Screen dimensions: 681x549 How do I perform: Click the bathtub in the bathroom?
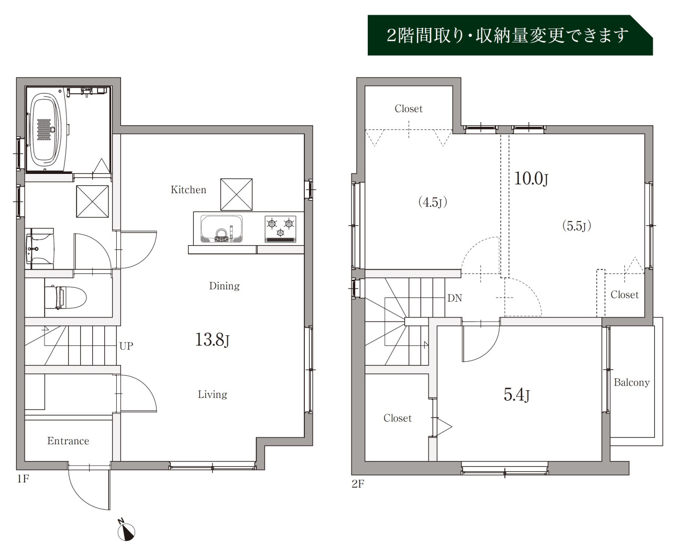click(x=46, y=130)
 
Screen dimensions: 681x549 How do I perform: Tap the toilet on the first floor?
click(x=65, y=298)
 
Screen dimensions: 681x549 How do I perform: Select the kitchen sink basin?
click(x=222, y=229)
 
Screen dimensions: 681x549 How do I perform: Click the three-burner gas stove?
click(x=280, y=229)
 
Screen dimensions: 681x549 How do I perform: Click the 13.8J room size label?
click(x=212, y=339)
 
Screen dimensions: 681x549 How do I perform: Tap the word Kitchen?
click(x=188, y=190)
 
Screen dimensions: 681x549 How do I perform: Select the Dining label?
click(x=224, y=286)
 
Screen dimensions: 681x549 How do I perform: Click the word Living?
click(x=212, y=394)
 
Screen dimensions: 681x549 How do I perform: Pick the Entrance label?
click(x=68, y=441)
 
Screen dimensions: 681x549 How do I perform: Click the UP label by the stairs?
click(x=126, y=346)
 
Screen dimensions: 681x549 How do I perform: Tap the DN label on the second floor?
click(x=455, y=298)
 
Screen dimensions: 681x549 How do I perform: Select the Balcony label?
click(x=632, y=382)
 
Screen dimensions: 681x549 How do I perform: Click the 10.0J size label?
click(x=531, y=179)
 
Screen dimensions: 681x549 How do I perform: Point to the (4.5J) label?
click(x=433, y=202)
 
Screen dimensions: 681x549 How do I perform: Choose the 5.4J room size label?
click(x=517, y=395)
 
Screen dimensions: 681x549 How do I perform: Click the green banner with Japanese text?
click(x=510, y=35)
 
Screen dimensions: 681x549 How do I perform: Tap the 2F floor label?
click(x=358, y=484)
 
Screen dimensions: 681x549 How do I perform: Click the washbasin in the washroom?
click(x=40, y=249)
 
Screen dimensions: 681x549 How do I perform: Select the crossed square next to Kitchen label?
click(x=236, y=194)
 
